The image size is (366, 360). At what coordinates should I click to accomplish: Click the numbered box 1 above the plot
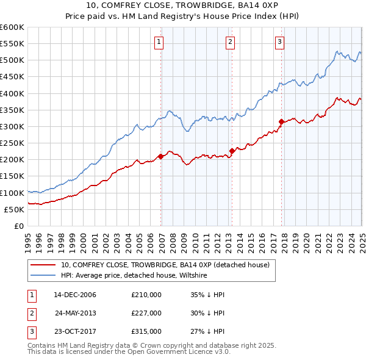point(159,42)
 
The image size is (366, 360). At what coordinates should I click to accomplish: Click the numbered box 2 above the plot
point(230,42)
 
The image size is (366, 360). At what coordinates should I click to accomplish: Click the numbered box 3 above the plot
point(279,42)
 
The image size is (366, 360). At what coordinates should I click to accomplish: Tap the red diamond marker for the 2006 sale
point(160,156)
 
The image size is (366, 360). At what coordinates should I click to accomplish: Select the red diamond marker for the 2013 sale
point(232,151)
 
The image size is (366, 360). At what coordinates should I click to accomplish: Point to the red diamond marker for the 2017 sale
point(281,121)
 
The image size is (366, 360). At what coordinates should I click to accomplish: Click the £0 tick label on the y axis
point(18,226)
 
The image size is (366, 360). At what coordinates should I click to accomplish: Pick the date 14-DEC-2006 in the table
point(75,295)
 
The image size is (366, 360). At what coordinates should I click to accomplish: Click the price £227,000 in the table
point(146,313)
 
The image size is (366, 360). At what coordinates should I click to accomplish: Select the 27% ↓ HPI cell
point(207,332)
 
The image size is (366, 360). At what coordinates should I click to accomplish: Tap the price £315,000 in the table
point(146,332)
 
